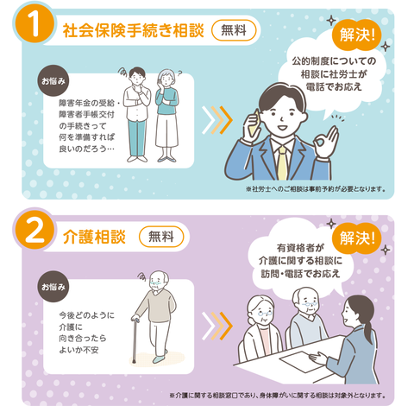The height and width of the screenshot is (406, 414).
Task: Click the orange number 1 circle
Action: coord(34,25)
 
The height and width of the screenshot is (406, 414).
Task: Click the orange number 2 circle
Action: coord(34,231)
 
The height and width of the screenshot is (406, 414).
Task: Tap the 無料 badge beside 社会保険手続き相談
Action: coord(234,30)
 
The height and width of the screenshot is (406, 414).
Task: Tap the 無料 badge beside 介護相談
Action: coord(161,237)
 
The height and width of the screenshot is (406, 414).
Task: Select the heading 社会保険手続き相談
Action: coord(134,30)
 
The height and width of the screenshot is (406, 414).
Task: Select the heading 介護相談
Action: coord(94,238)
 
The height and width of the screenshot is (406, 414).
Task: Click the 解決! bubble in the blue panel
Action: coord(357,35)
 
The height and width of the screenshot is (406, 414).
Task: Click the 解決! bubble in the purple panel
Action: coord(357,238)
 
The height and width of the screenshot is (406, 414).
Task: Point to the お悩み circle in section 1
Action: coord(53,81)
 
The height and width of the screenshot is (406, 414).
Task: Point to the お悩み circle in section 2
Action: coord(53,287)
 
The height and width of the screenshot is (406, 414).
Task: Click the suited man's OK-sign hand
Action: coord(326,142)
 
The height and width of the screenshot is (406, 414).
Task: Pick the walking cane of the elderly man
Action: coord(135,339)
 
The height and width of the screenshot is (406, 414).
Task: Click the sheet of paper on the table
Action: coord(301,362)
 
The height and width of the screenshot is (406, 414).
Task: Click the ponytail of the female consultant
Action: coord(370,322)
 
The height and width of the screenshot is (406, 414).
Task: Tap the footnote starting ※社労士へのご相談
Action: coord(316,189)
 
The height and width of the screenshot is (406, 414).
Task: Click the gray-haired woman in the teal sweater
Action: coord(166,115)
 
